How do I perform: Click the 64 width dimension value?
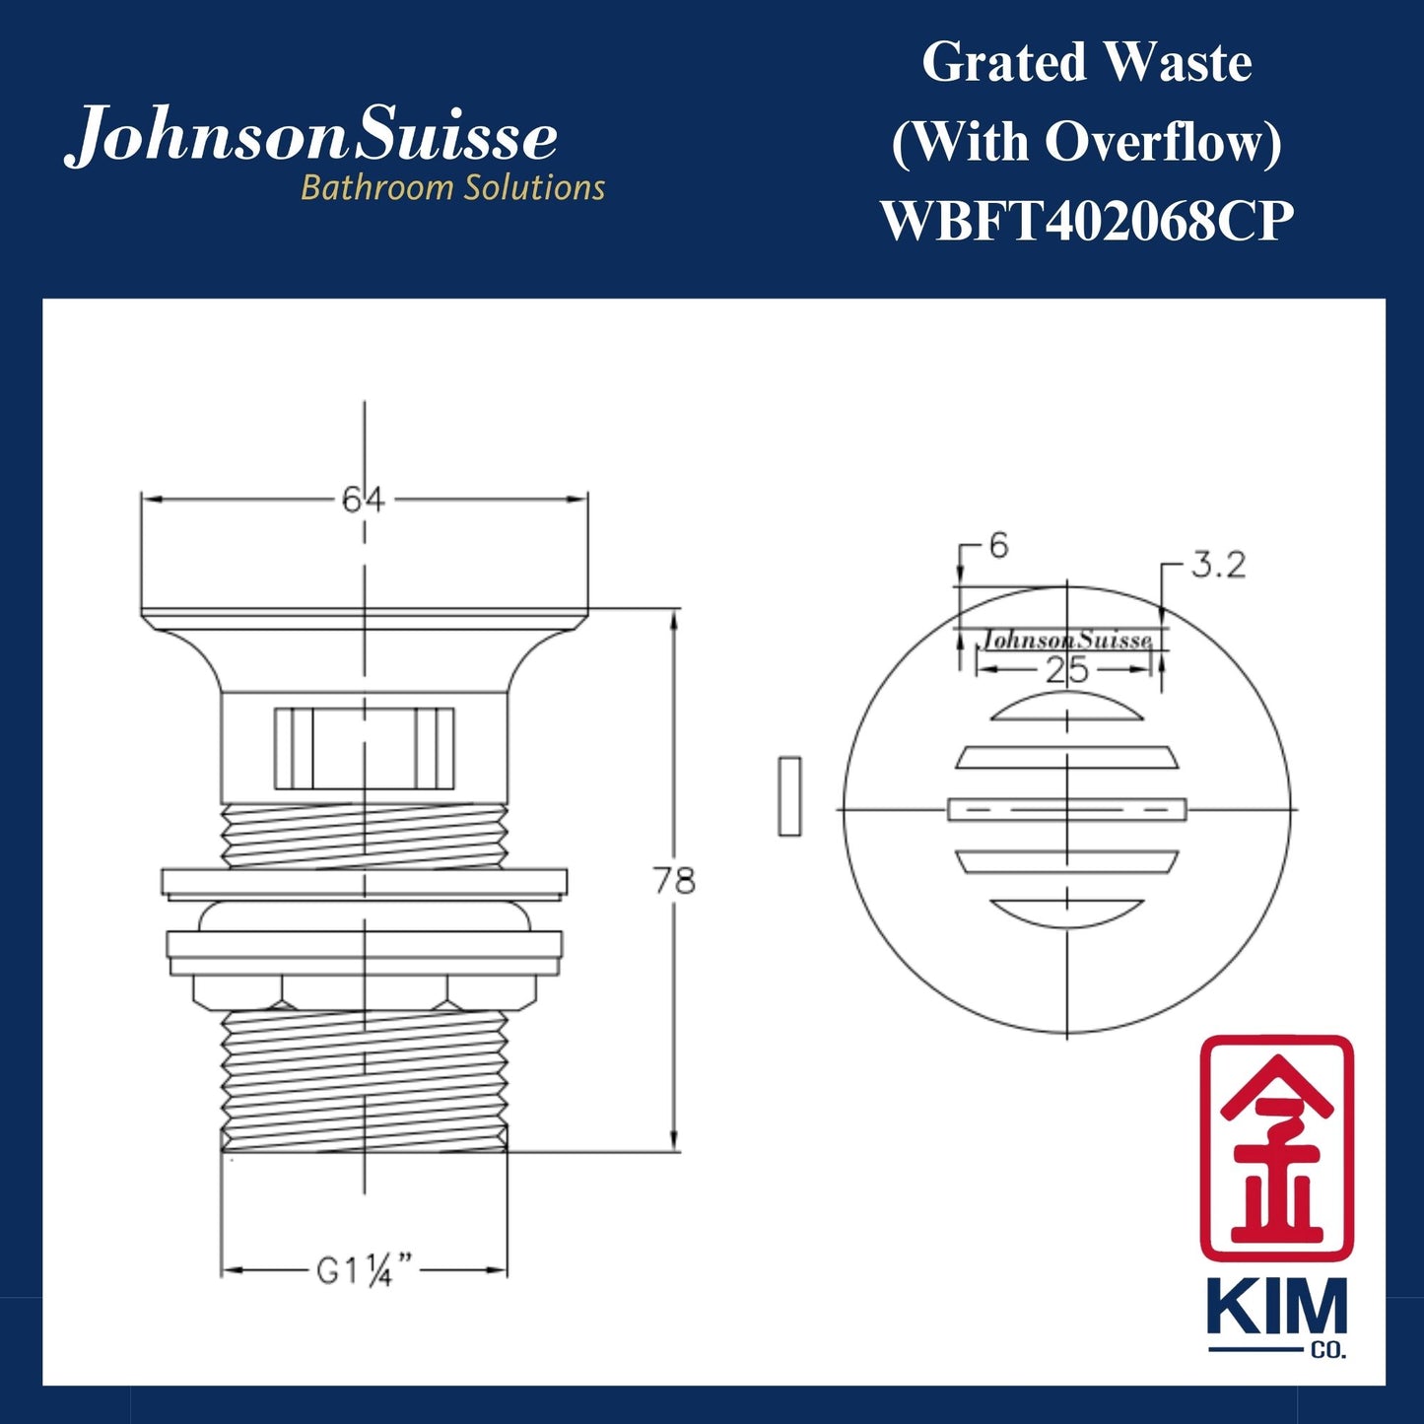coord(364,500)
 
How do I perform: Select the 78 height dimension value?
coord(674,880)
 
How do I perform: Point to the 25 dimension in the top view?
coord(1066,670)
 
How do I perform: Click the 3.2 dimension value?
coord(1218,565)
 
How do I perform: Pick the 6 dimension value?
coord(998,545)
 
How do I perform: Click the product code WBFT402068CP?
coord(1086,221)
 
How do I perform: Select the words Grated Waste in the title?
coord(1086,63)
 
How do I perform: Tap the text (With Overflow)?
coord(1086,142)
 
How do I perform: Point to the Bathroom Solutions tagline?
coord(452,187)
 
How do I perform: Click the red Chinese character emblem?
coord(1276,1148)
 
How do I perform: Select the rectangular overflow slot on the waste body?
coord(365,748)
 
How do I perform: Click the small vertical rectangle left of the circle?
coord(789,796)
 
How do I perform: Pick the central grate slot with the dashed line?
coord(1067,809)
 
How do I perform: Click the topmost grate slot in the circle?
coord(1067,708)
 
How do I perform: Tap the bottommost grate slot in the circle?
coord(1067,912)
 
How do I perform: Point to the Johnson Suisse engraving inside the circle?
coord(1066,640)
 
